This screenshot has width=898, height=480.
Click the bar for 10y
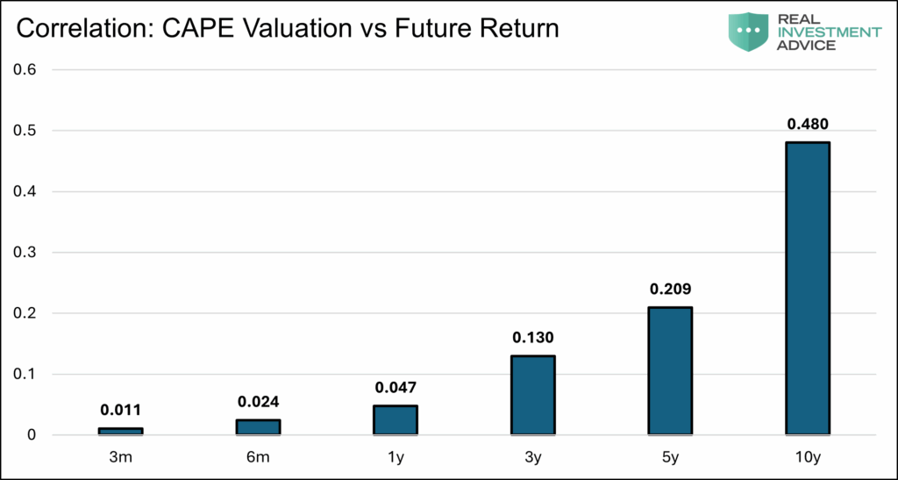pyautogui.click(x=808, y=288)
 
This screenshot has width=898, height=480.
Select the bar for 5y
pyautogui.click(x=670, y=370)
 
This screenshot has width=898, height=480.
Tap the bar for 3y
pyautogui.click(x=532, y=395)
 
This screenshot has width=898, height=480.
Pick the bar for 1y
pyautogui.click(x=396, y=419)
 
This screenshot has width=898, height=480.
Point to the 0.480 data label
pyautogui.click(x=808, y=124)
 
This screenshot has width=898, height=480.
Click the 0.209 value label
pyautogui.click(x=670, y=289)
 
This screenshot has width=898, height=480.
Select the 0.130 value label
pyautogui.click(x=532, y=337)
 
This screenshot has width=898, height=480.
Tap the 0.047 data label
pyautogui.click(x=396, y=387)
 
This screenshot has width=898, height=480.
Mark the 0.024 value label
pyautogui.click(x=258, y=401)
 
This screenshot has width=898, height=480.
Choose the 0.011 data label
pyautogui.click(x=120, y=409)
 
